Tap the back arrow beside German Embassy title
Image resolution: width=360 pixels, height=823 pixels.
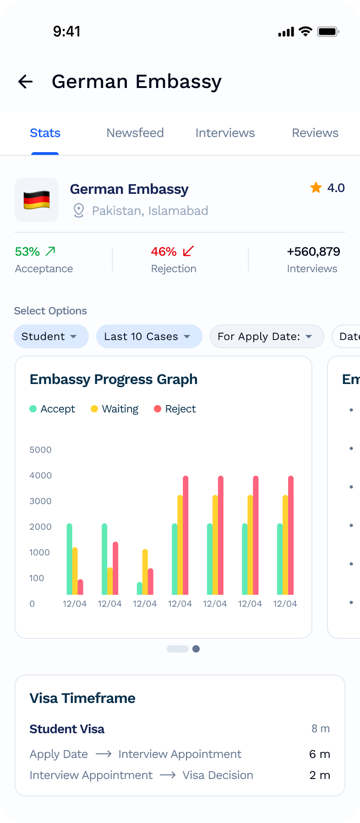coord(26,82)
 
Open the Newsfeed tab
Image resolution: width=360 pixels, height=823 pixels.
coord(135,133)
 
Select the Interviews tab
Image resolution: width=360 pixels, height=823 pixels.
coord(225,133)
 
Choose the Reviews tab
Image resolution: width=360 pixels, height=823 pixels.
coord(315,133)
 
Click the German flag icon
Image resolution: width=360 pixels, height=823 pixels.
coord(37,200)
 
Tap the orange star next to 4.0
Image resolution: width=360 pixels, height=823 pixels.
coord(316,187)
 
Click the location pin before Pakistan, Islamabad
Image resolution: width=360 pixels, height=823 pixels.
coord(79,211)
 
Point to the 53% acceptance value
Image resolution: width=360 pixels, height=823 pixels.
coord(27,252)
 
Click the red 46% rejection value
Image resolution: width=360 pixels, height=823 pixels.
coord(164,252)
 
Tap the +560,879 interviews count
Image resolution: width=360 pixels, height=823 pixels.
coord(313,252)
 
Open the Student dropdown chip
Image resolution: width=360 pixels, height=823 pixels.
coord(51,336)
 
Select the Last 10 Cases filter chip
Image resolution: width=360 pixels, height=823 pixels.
coord(149,336)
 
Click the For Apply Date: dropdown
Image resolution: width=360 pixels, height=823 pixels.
coord(267,336)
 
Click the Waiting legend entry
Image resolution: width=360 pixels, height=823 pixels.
coord(115,409)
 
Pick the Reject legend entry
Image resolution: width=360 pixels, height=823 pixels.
coord(175,409)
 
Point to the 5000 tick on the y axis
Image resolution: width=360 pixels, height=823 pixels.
coord(40,450)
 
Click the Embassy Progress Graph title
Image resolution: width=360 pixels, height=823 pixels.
coord(114,379)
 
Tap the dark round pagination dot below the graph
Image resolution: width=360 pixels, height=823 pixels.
coord(196,649)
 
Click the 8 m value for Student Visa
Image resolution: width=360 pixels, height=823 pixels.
coord(321,729)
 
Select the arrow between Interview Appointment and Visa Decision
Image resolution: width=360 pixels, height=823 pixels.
coord(168,775)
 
